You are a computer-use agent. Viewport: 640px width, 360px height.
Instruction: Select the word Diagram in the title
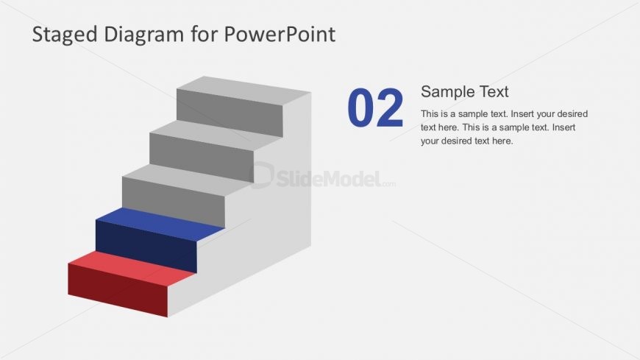click(x=134, y=34)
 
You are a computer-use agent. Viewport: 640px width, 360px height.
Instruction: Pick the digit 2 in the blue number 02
click(x=391, y=108)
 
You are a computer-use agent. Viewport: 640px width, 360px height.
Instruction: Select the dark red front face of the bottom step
click(x=118, y=289)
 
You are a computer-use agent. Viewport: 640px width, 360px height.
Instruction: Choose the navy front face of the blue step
click(x=146, y=245)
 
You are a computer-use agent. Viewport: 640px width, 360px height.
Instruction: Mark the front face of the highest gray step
click(x=230, y=112)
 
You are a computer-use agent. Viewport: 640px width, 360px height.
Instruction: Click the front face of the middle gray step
click(x=202, y=156)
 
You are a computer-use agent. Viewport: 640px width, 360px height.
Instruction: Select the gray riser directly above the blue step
click(x=174, y=200)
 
